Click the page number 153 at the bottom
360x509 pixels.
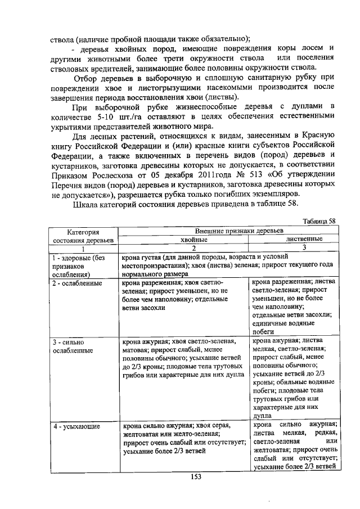point(195,477)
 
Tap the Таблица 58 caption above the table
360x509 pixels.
point(319,222)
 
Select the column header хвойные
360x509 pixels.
point(185,239)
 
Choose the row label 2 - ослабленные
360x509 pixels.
point(78,283)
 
